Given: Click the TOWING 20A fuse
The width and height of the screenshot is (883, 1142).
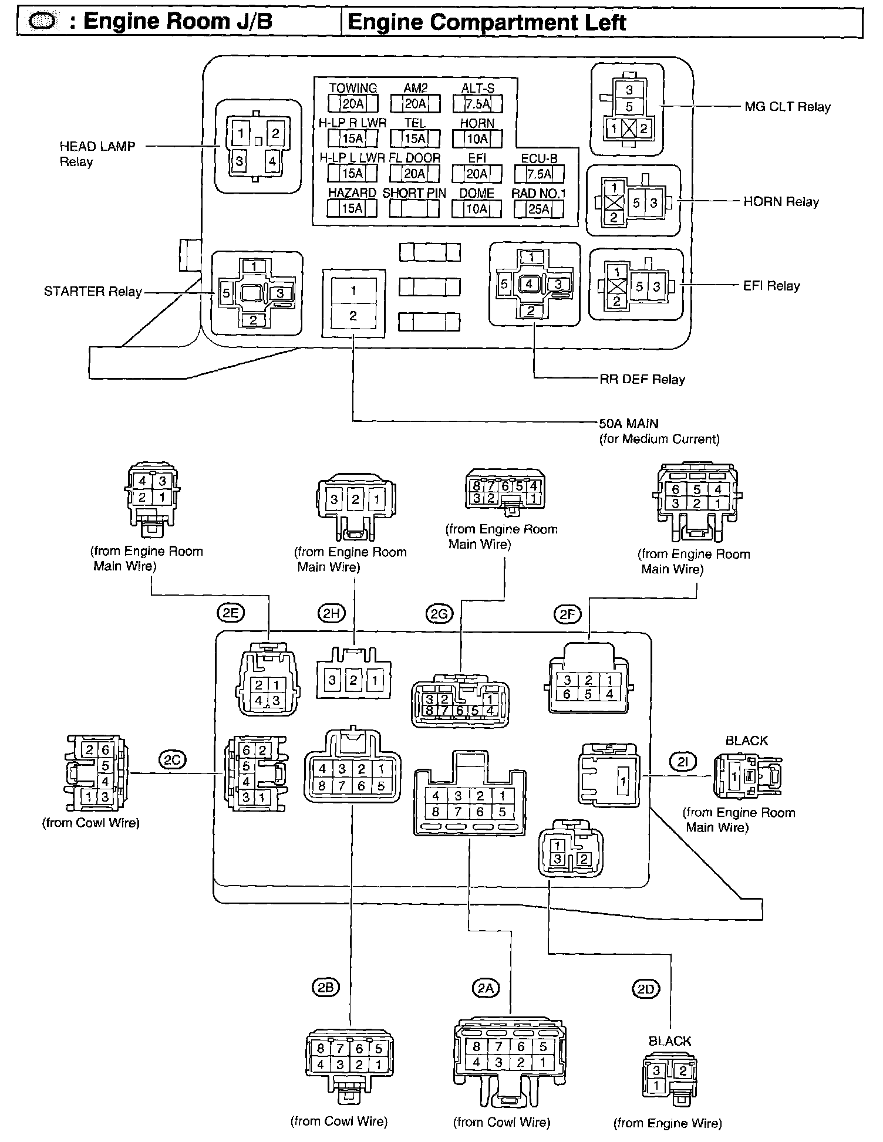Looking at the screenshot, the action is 353,104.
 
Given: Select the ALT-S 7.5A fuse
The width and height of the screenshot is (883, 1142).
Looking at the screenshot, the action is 477,104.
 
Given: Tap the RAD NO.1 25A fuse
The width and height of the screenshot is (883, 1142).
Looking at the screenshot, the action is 539,209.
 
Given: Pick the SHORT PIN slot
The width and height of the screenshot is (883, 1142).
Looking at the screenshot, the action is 414,208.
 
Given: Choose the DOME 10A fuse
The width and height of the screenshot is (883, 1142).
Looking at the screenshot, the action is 477,208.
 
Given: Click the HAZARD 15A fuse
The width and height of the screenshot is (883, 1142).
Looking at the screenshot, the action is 352,208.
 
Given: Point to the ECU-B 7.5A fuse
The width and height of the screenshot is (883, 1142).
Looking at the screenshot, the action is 539,174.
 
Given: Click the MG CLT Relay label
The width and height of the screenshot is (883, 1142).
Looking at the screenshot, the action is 787,107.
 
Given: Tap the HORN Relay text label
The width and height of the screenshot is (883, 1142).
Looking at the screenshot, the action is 781,202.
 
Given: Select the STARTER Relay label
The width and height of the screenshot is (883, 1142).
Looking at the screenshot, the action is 93,292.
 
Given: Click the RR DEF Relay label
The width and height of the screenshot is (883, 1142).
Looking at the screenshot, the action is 642,379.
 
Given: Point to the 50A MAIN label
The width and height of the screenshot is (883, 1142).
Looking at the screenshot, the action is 629,423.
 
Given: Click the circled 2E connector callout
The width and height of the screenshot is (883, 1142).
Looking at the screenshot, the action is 230,613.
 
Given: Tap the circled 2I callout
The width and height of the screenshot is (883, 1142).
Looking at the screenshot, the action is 683,762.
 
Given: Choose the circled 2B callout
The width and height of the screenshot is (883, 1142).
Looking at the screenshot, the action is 325,988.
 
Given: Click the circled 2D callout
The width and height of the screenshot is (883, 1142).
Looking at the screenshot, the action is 645,989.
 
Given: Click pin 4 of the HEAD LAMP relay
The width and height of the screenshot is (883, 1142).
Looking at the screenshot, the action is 272,160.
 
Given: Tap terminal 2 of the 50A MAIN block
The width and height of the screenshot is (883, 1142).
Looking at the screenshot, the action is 353,316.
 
